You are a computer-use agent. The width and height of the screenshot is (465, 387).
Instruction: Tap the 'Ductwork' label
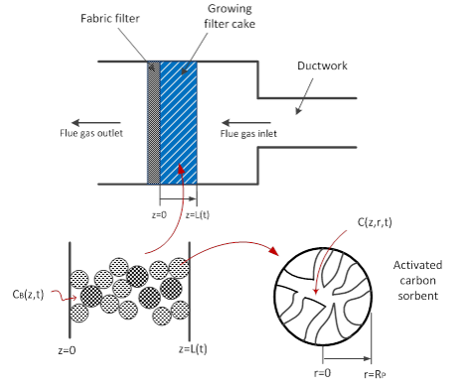tap(320, 66)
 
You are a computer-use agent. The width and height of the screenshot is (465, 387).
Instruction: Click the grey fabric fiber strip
tap(152, 119)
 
